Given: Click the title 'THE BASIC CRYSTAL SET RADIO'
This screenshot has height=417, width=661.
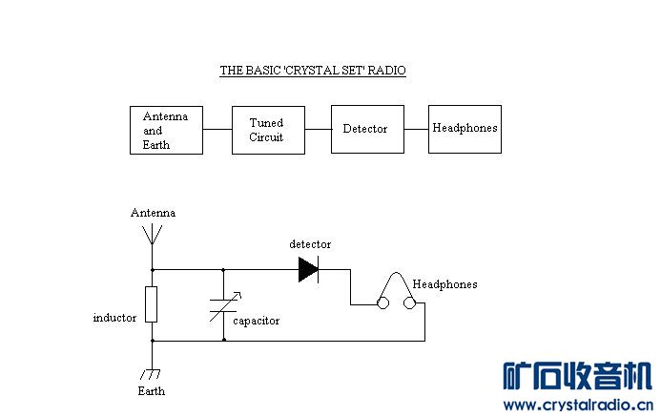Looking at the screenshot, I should pyautogui.click(x=313, y=71).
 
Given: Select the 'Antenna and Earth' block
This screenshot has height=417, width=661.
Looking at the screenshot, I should pyautogui.click(x=166, y=130).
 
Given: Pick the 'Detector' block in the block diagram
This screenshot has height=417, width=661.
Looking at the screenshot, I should pyautogui.click(x=367, y=129).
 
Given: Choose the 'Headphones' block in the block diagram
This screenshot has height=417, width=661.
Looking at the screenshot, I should pyautogui.click(x=465, y=128).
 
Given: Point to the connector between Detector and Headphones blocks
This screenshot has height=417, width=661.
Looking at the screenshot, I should pyautogui.click(x=416, y=128).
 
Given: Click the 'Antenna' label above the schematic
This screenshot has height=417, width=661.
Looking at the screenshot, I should pyautogui.click(x=153, y=213).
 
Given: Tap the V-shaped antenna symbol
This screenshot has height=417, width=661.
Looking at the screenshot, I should pyautogui.click(x=152, y=235).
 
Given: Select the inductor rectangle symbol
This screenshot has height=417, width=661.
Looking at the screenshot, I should pyautogui.click(x=152, y=304).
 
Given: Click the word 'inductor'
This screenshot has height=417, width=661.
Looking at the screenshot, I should pyautogui.click(x=114, y=317).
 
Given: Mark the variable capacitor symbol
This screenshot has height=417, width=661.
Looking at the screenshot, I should pyautogui.click(x=224, y=305).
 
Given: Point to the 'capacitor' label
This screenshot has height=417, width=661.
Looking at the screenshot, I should pyautogui.click(x=257, y=321).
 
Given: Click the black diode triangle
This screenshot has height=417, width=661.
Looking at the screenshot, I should pyautogui.click(x=308, y=270).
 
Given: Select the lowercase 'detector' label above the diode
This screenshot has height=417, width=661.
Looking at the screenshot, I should pyautogui.click(x=310, y=245).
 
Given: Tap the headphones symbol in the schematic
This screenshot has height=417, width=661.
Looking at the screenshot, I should pyautogui.click(x=398, y=292).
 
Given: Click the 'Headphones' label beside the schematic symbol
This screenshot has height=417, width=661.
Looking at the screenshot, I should pyautogui.click(x=444, y=284).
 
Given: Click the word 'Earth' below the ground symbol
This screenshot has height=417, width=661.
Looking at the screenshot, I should pyautogui.click(x=151, y=391).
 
